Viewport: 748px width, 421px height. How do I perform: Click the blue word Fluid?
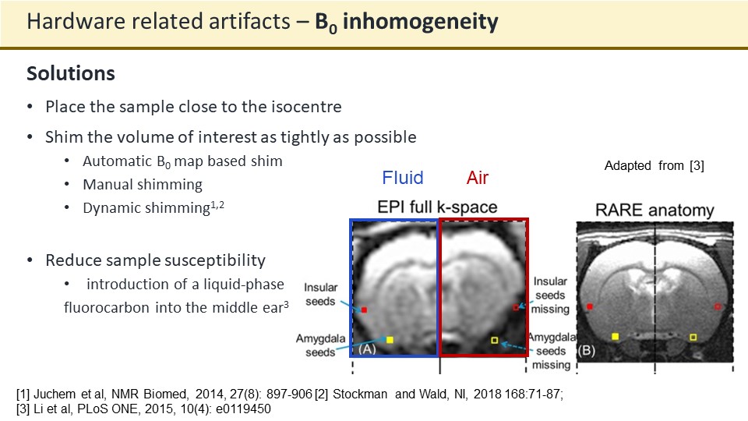tap(403, 178)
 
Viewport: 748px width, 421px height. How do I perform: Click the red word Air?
tap(478, 178)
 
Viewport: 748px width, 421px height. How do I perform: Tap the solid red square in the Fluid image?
tap(364, 310)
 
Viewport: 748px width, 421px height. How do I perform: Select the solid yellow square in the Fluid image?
tap(390, 340)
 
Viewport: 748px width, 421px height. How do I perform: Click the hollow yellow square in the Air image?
tap(495, 341)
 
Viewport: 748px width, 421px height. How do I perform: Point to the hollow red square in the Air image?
tap(516, 307)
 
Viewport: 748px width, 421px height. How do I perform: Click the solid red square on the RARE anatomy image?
tap(590, 306)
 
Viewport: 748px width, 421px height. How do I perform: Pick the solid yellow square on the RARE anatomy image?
tap(616, 337)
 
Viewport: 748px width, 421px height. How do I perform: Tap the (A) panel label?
tap(367, 349)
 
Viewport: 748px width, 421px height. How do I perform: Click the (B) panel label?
tap(586, 351)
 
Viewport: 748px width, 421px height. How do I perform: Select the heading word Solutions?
tap(71, 73)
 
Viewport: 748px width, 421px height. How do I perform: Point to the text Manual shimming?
tap(143, 185)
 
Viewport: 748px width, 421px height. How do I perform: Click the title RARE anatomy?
tap(654, 210)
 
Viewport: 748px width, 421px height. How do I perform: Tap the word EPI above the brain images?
tap(389, 207)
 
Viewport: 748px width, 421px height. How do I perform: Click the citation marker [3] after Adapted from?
tap(697, 165)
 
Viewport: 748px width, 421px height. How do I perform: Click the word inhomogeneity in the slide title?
tap(420, 22)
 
